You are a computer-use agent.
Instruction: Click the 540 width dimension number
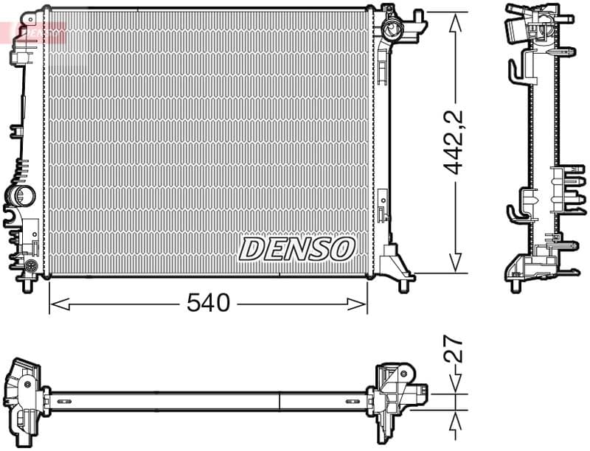pyautogui.click(x=209, y=302)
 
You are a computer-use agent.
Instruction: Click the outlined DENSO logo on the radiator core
pyautogui.click(x=297, y=248)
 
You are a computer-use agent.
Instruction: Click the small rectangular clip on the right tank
pyautogui.click(x=383, y=206)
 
